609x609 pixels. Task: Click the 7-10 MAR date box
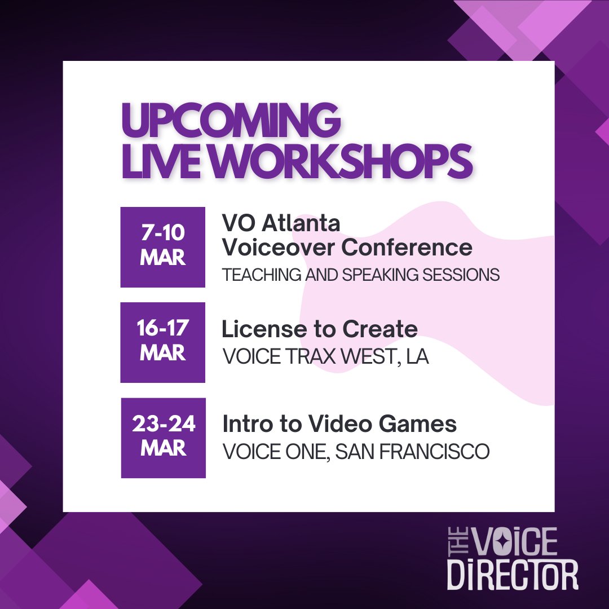163,247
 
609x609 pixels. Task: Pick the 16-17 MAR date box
163,342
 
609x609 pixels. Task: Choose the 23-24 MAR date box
164,438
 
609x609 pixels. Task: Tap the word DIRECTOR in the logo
513,575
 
